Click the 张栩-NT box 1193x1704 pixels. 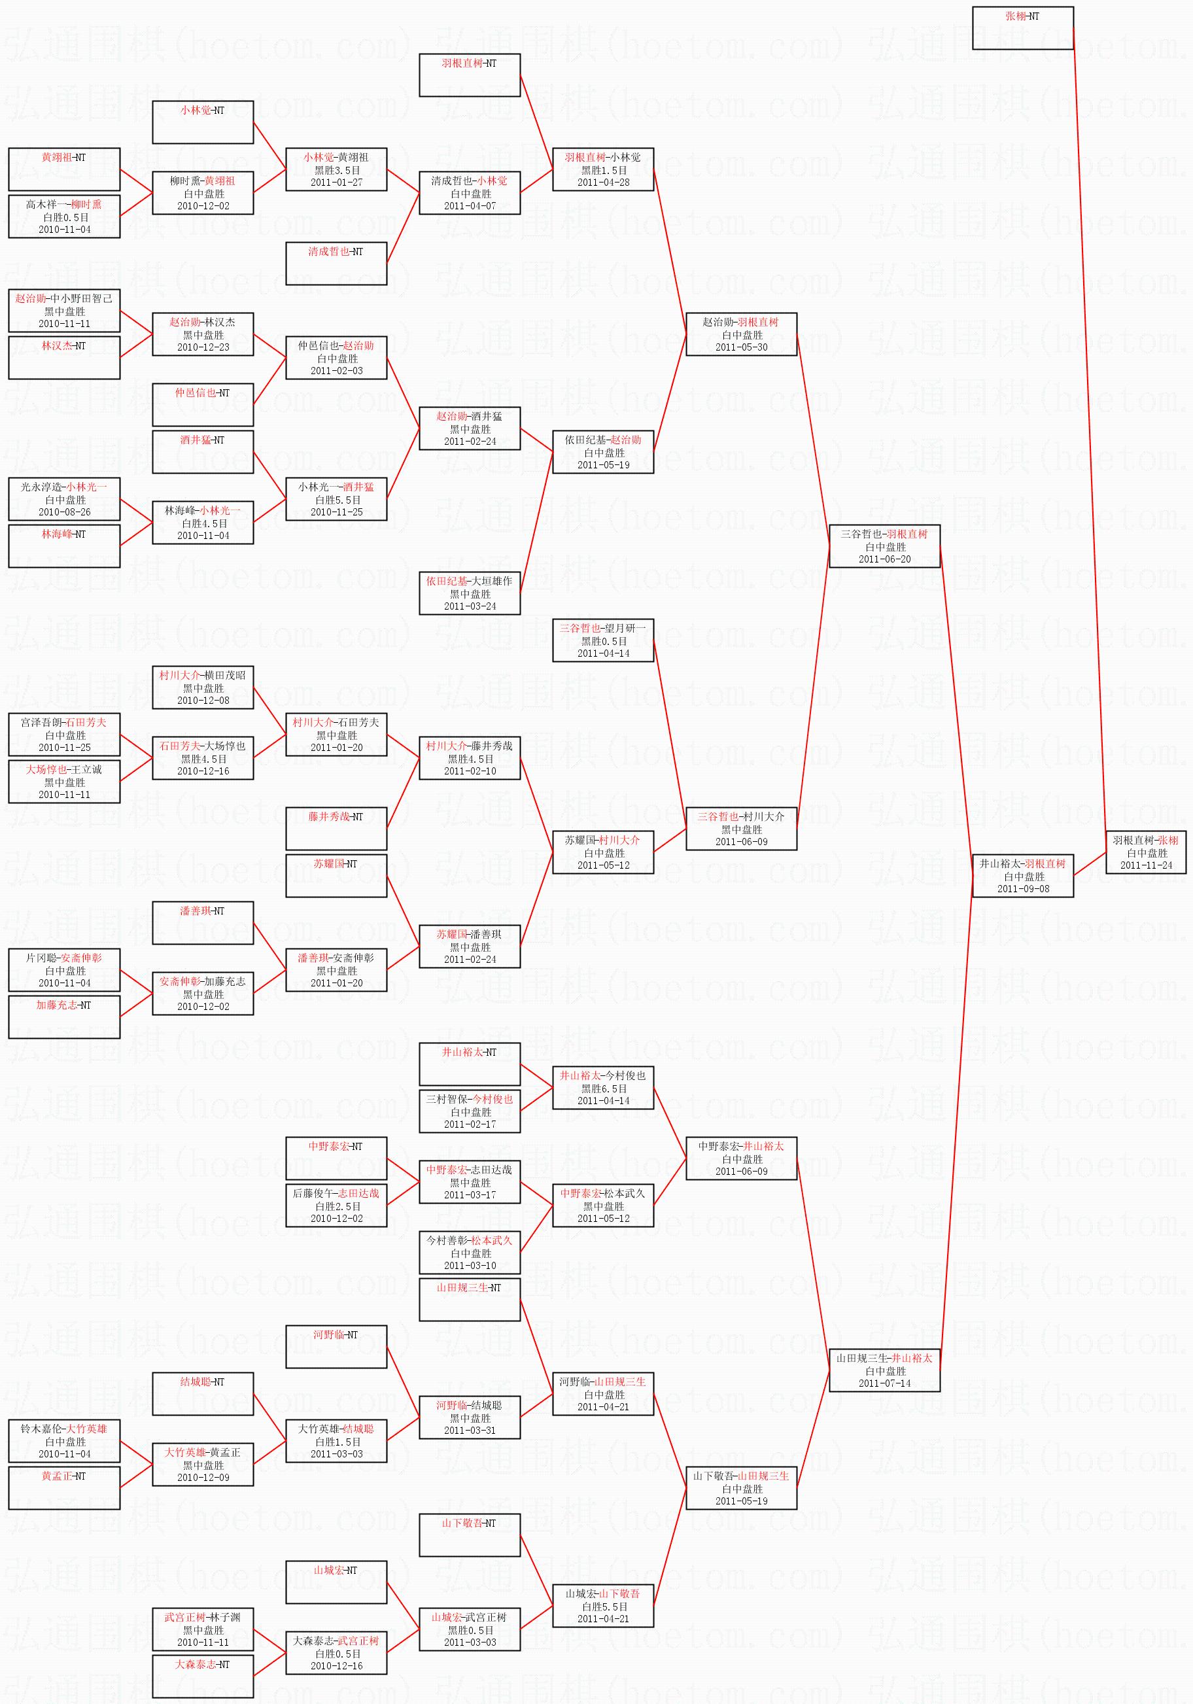1022,28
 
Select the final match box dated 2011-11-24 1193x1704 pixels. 1145,852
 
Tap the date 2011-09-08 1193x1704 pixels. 1023,888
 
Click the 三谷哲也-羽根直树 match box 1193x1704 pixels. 884,546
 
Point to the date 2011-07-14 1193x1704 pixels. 884,1383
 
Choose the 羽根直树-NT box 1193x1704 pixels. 470,75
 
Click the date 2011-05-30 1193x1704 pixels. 741,347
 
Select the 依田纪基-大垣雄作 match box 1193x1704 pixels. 470,593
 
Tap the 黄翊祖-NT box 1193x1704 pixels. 64,169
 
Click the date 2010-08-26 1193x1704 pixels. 65,512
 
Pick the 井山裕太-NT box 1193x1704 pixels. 470,1064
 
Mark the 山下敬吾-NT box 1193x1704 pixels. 470,1535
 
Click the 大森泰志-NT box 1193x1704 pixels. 203,1676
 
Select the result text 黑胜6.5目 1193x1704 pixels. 603,1088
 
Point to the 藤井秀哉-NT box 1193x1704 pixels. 336,828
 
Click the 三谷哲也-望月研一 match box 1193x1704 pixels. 603,640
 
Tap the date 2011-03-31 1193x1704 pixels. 470,1430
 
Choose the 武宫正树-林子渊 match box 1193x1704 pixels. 203,1629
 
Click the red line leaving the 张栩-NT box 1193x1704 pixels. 1089,445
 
